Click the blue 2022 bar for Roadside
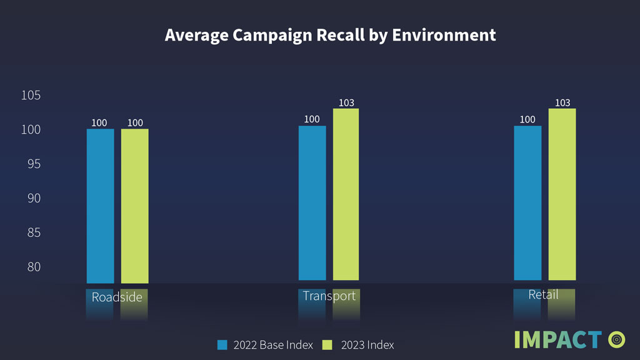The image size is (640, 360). point(100,206)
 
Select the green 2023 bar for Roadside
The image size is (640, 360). point(134,206)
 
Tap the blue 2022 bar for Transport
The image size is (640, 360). point(312,202)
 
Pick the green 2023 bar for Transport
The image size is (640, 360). point(346,194)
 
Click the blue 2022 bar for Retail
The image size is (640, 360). point(527,202)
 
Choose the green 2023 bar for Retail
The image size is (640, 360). point(562,194)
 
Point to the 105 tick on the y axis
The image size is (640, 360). point(31,96)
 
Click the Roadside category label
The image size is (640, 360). point(117,297)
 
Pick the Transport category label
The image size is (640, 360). point(329,296)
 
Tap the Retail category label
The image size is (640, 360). point(543,294)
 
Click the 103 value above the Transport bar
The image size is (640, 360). point(346,102)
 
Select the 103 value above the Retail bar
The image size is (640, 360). point(562,102)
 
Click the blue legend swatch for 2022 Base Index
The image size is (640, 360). point(222,344)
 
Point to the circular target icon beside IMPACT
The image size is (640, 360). point(616,339)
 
